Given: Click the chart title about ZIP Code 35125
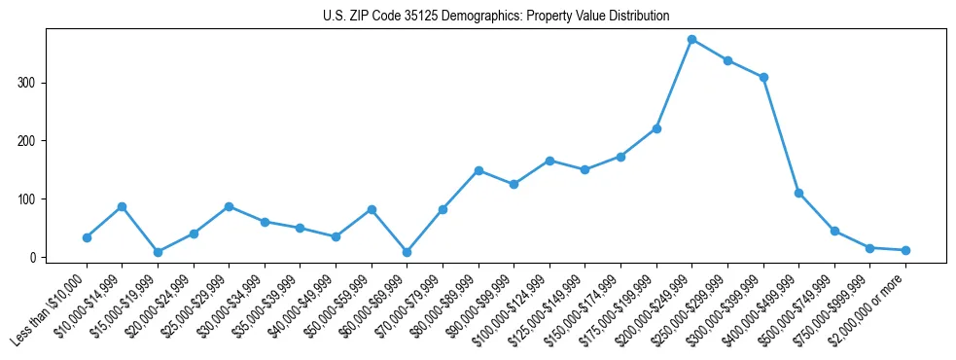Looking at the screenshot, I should [496, 17].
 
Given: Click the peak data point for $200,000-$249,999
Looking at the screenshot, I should [691, 39].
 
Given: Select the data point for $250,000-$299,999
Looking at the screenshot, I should [727, 60].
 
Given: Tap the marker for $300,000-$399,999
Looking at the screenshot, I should [763, 77].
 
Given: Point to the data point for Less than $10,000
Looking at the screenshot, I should [87, 237].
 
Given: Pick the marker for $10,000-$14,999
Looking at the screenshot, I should [122, 206].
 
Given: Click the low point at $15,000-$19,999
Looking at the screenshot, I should [158, 252].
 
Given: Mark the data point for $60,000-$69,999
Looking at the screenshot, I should [407, 252].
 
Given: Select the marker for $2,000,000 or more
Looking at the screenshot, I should [905, 250].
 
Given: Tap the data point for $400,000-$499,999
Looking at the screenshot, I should [798, 193].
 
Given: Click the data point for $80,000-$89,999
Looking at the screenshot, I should [478, 170].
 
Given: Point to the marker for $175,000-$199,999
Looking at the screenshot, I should [656, 128].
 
